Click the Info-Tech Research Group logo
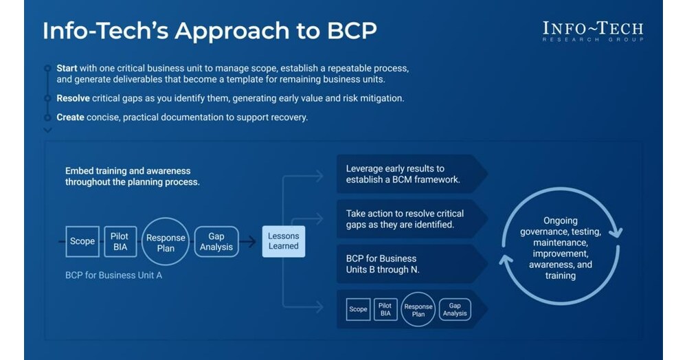(x=592, y=31)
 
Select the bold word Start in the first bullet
(x=67, y=69)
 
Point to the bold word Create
(x=71, y=117)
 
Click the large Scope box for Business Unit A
(x=82, y=241)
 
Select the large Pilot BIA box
(x=120, y=242)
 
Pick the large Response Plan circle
(x=166, y=243)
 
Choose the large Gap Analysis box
(x=216, y=242)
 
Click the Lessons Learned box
(x=283, y=241)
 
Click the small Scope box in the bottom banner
(x=358, y=309)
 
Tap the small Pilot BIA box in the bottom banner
(x=385, y=309)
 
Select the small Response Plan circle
(x=418, y=310)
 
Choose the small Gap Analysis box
(x=454, y=309)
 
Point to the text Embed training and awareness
(x=128, y=170)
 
